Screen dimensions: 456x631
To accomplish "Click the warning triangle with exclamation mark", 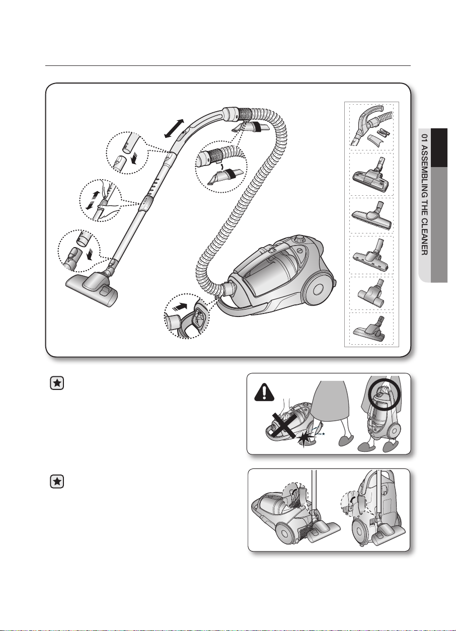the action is pos(264,392).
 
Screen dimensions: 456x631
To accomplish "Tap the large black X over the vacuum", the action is pos(285,427).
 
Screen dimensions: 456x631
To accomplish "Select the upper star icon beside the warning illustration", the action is pos(57,383).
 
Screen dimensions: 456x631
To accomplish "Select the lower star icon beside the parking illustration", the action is pos(57,482).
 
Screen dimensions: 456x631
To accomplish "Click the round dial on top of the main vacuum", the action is pos(299,240).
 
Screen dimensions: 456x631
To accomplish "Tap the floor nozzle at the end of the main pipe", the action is pos(93,289).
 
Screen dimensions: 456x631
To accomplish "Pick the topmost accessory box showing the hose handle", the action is pos(371,127).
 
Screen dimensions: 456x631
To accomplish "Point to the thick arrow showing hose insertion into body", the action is pos(179,306).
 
